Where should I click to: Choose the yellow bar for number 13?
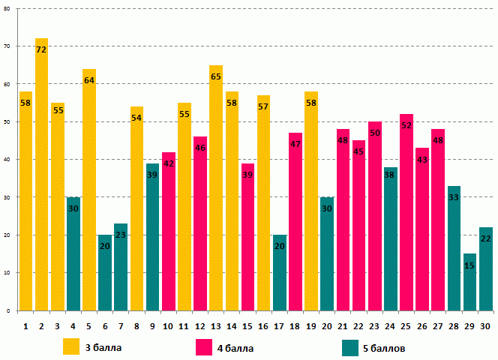(216, 187)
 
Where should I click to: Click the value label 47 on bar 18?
(295, 144)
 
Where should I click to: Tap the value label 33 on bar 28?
(454, 197)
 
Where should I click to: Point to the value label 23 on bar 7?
(121, 235)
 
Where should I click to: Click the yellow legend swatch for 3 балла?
(72, 347)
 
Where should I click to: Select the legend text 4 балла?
(235, 348)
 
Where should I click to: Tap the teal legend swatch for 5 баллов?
(350, 347)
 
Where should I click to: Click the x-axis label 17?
(280, 325)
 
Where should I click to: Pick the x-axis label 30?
(485, 325)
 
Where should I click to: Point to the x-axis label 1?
(25, 325)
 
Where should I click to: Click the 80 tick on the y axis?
(7, 9)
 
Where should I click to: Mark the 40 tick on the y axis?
(7, 160)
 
